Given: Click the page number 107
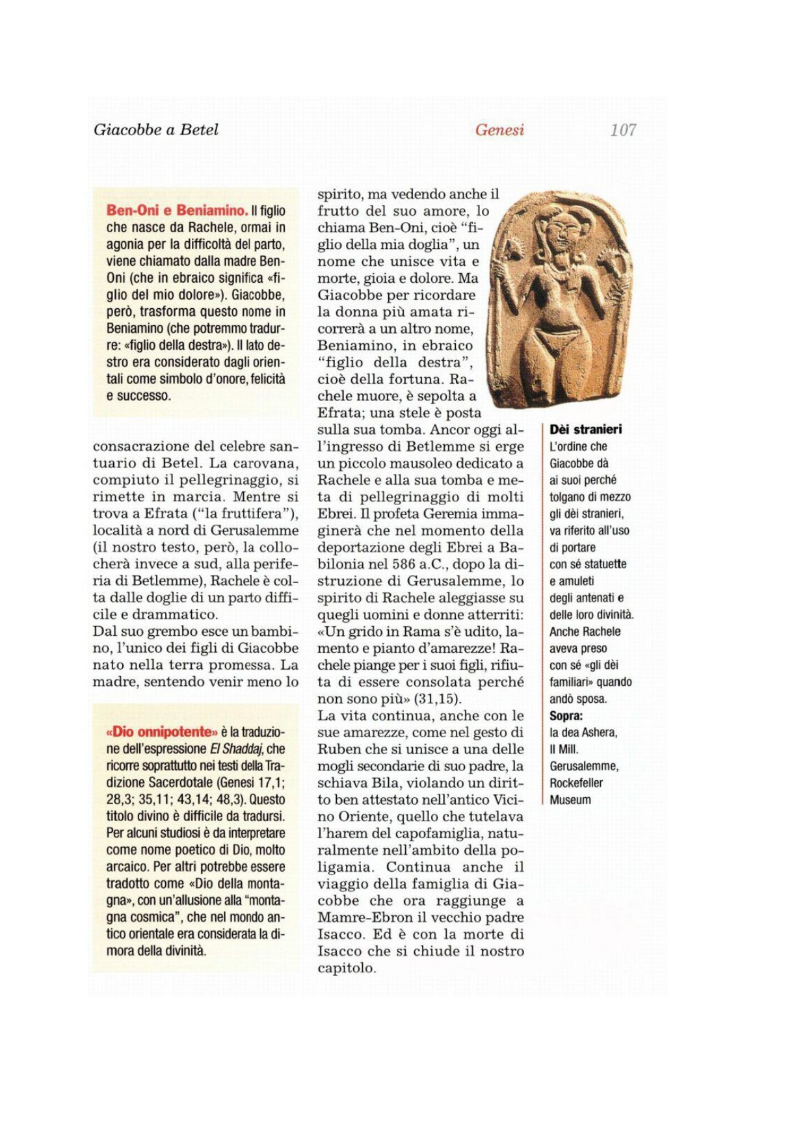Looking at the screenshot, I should tap(622, 130).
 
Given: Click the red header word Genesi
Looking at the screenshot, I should tap(499, 130).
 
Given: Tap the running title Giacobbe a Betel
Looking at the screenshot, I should tap(156, 129).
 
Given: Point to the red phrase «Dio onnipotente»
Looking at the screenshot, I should tap(161, 732).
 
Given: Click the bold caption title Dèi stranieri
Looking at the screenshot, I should tap(585, 429).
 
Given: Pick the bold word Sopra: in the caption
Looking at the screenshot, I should tap(566, 716).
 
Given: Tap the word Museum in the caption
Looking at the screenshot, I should tap(570, 800).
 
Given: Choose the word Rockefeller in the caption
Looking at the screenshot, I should tap(576, 783).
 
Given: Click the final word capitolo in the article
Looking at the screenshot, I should tap(346, 968).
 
